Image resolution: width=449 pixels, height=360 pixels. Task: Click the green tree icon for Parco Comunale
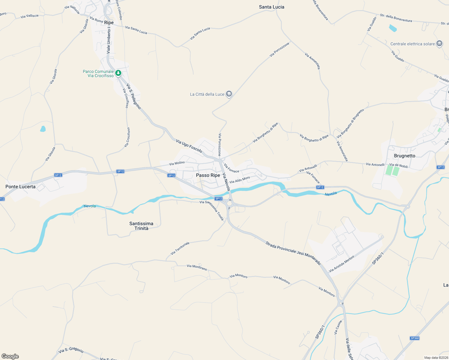tap(119, 73)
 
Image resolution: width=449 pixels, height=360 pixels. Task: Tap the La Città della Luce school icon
tap(229, 94)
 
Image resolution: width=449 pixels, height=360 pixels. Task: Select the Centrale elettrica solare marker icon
tap(440, 43)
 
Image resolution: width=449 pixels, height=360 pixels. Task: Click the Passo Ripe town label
tap(208, 175)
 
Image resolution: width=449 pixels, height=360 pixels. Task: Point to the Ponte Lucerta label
tap(20, 187)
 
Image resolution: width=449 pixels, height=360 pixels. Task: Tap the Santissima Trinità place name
tap(141, 226)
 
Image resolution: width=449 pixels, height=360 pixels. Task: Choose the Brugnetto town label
tap(405, 156)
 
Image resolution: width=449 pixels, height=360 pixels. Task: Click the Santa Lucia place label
tap(272, 7)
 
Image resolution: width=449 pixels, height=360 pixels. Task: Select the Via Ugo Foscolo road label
tap(189, 146)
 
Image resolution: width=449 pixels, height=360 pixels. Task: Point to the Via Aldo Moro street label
tap(240, 180)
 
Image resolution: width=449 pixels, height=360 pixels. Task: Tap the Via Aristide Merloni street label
tap(342, 264)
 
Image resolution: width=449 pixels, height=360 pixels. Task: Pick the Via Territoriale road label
tap(180, 248)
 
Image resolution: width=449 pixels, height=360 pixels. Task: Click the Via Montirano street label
tap(197, 267)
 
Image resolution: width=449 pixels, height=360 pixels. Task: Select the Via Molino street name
tap(177, 163)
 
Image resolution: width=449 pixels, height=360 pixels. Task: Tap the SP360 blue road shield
tap(414, 338)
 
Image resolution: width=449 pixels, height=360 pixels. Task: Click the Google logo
tap(10, 356)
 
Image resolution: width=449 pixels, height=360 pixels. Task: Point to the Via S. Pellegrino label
tap(134, 96)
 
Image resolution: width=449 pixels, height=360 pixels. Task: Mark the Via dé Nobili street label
tap(398, 165)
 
